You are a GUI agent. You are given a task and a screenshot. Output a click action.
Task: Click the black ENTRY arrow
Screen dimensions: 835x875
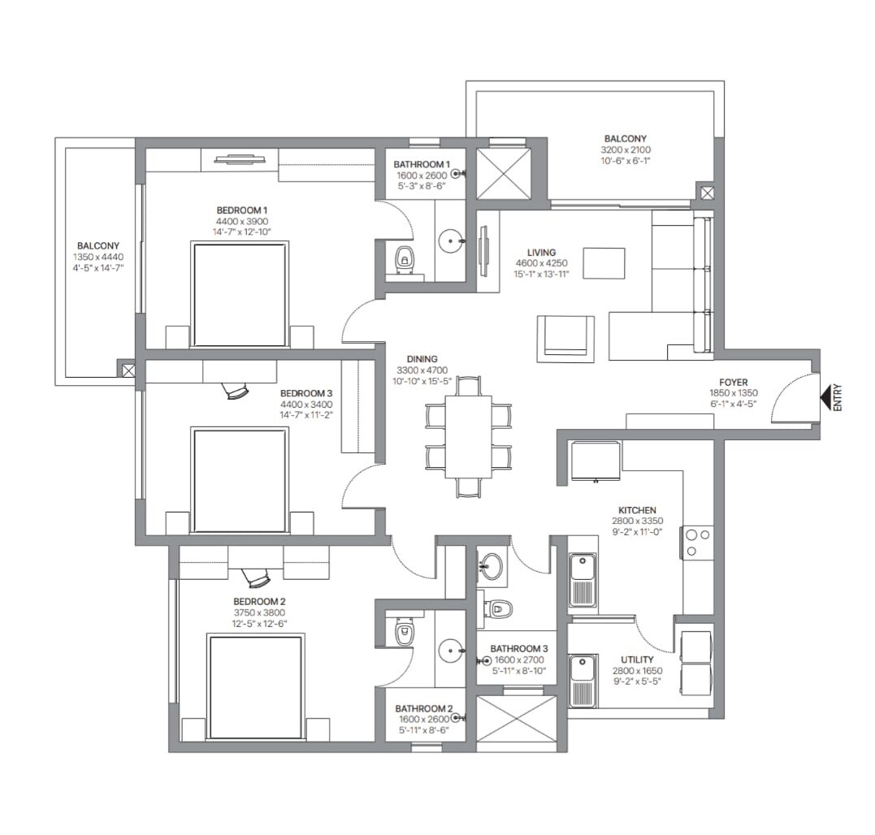[x=825, y=398]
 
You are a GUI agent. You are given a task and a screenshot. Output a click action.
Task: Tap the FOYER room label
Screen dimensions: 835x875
[x=733, y=382]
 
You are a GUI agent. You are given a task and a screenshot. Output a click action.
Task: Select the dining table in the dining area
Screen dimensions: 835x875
[x=469, y=436]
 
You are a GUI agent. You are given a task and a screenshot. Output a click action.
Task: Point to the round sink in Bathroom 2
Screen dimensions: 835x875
[x=450, y=651]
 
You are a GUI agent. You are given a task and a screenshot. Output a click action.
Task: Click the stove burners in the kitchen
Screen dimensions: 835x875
[x=698, y=543]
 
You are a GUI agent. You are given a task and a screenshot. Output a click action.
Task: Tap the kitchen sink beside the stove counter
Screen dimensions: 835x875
[x=583, y=579]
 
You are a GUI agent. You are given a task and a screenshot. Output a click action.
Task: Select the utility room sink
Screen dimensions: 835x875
[x=583, y=680]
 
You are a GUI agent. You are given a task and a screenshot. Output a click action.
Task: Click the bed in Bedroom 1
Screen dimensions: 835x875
[x=240, y=294]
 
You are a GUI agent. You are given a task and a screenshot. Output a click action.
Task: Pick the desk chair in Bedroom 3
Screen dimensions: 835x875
[x=237, y=392]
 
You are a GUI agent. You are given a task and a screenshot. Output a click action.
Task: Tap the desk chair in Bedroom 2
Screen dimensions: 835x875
[x=258, y=578]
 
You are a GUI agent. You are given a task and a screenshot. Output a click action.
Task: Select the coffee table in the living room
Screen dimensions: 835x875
[x=604, y=263]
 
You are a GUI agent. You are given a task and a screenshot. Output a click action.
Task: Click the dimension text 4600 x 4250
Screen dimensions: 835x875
[x=541, y=263]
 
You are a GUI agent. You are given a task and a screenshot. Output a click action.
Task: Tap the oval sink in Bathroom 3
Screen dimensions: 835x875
[x=490, y=566]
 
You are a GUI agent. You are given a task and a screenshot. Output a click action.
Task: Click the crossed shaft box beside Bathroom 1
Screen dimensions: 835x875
[x=503, y=172]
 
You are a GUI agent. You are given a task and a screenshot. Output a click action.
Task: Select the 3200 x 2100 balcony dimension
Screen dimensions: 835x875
[x=626, y=149]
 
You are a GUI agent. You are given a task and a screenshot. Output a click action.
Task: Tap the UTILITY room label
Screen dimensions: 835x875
[x=637, y=660]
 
